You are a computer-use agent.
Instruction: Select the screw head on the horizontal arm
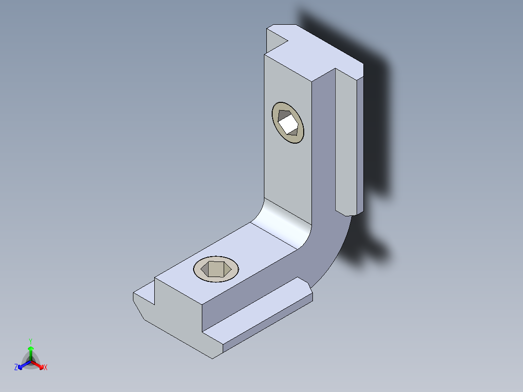click(216, 268)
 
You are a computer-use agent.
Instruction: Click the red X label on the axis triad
click(46, 368)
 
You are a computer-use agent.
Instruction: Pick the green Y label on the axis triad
click(31, 341)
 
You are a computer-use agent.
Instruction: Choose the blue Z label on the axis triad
click(16, 367)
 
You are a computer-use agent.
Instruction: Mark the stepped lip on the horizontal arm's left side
click(145, 296)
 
